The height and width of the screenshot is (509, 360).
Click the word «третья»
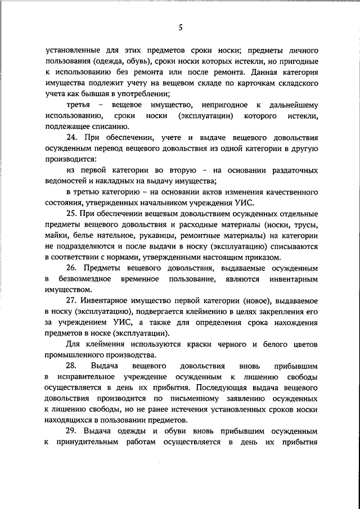coord(78,105)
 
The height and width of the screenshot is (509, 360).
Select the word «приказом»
coord(259,258)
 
